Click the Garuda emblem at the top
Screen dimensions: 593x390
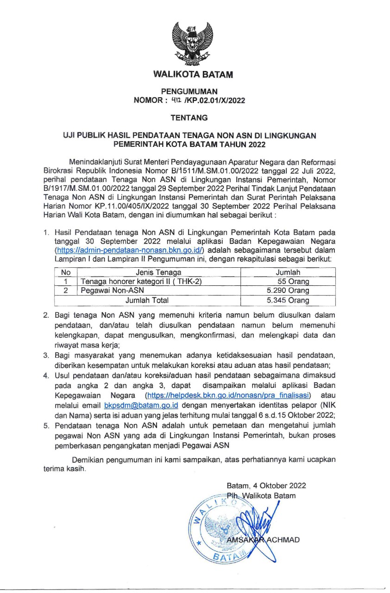pyautogui.click(x=193, y=42)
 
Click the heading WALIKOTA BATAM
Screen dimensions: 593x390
pyautogui.click(x=193, y=74)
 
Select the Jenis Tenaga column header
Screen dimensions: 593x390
pyautogui.click(x=158, y=272)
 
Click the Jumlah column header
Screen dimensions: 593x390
pyautogui.click(x=288, y=272)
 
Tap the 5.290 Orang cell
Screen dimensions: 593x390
pyautogui.click(x=288, y=291)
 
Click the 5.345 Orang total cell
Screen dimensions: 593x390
pyautogui.click(x=288, y=300)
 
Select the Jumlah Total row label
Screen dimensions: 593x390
pyautogui.click(x=147, y=300)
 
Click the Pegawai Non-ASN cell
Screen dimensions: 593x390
pyautogui.click(x=112, y=291)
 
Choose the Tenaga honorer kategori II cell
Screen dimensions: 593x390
pyautogui.click(x=141, y=282)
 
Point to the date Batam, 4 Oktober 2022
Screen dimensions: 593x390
pyautogui.click(x=266, y=486)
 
